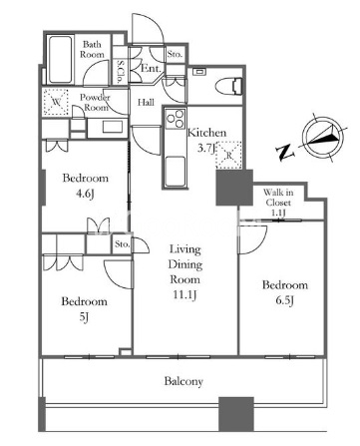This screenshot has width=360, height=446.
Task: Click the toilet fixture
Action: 228,87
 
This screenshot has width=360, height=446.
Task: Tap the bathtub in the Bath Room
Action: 60,60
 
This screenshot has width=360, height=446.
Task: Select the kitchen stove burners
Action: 175,119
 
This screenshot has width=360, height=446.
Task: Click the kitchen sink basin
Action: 175,171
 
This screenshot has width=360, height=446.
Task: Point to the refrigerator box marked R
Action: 228,155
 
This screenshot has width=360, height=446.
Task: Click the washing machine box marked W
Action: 56,102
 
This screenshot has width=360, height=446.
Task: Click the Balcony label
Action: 183,381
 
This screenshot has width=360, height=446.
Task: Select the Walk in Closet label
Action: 278,203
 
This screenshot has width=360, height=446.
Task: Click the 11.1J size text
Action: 184,294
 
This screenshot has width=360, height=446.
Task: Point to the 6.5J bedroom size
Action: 284,300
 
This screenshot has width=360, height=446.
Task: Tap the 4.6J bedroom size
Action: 85,194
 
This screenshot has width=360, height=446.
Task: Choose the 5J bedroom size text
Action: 84,317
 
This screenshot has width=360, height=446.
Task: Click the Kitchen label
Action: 206,133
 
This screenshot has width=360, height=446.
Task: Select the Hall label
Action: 146,102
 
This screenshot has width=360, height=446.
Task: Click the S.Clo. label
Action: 120,72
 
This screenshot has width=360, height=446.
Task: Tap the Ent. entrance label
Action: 152,69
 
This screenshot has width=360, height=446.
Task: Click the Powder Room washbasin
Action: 113,127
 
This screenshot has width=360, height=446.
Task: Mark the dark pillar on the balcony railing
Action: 236,414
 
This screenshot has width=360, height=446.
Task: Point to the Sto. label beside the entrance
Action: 175,54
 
